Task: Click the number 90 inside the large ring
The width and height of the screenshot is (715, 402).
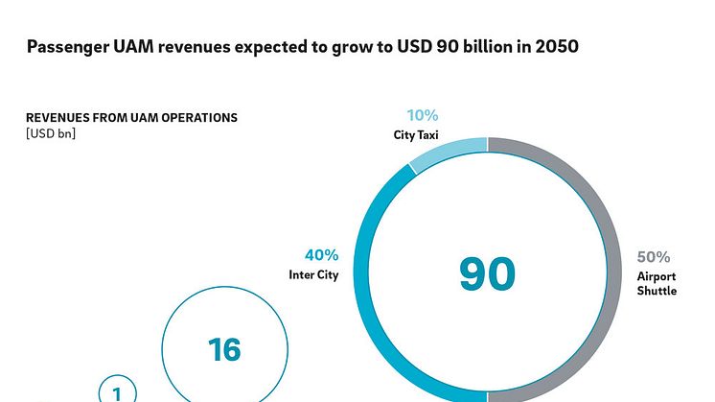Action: [x=487, y=274]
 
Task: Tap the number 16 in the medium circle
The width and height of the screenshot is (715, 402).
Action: [x=224, y=349]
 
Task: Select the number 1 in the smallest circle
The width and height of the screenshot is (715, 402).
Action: [x=118, y=393]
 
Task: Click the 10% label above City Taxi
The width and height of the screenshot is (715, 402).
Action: [x=423, y=115]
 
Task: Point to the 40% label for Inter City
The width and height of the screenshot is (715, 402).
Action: [x=321, y=255]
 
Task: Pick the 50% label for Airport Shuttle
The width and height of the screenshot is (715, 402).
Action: [x=653, y=257]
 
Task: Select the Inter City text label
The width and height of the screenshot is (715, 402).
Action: [x=313, y=275]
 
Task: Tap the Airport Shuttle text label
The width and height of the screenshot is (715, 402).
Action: [x=656, y=283]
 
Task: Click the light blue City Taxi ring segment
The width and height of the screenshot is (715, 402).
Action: [x=448, y=151]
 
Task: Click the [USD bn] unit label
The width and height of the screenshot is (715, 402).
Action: [x=51, y=133]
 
